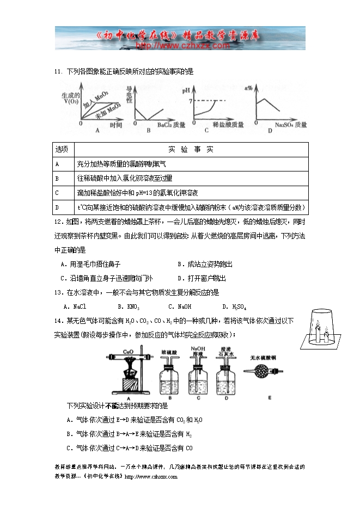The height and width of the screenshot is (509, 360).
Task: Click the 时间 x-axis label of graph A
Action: (x=115, y=125)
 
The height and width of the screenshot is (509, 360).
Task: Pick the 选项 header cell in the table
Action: (x=62, y=149)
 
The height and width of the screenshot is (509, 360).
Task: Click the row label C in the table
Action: (x=57, y=193)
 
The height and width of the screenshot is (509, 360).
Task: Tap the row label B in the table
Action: (x=57, y=178)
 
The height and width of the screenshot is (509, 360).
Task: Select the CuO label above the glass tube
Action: (x=129, y=352)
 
